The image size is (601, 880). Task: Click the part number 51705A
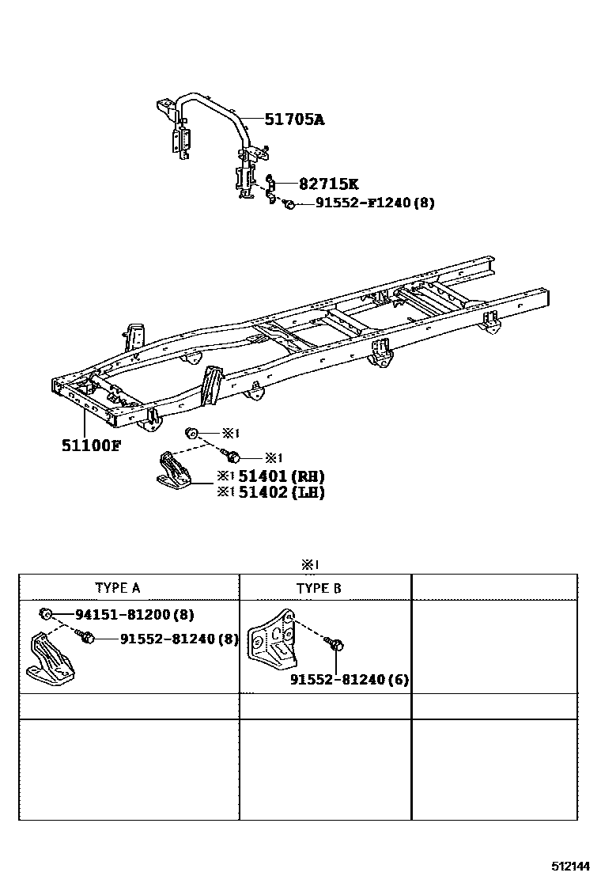(294, 120)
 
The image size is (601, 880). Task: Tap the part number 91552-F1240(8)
(375, 203)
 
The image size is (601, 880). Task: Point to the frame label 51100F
(91, 445)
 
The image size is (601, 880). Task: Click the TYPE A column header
(118, 587)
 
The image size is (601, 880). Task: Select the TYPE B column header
(319, 588)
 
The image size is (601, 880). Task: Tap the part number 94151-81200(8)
(134, 614)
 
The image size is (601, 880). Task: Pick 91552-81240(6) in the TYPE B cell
(349, 680)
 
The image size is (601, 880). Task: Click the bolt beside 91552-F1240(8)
(289, 204)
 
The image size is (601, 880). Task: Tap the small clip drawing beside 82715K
(269, 188)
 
